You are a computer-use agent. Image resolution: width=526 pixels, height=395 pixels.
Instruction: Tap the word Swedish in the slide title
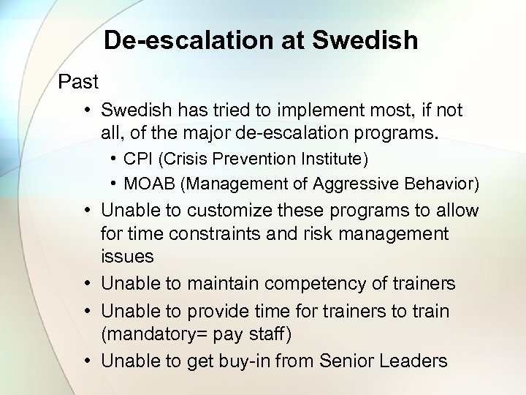pos(365,40)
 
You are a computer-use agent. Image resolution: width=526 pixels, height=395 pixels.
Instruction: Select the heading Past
pos(78,80)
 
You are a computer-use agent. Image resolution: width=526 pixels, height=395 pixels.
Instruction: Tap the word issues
pos(127,257)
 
